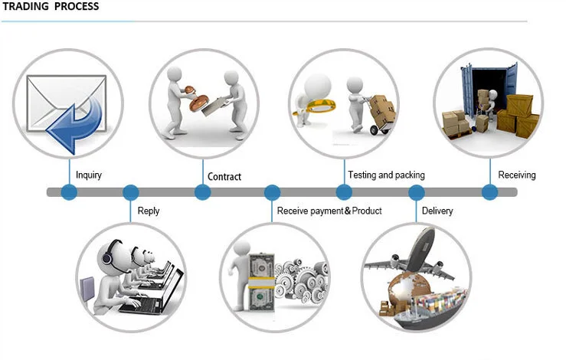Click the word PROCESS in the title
pos(77,6)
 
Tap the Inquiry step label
pos(89,175)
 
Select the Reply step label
pos(149,211)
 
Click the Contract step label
pos(224,177)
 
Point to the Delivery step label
pos(437,211)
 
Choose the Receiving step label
pos(517,175)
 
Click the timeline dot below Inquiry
pos(69,192)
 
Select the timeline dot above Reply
pos(131,192)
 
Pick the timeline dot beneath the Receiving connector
pos(490,192)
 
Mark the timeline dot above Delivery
pos(417,192)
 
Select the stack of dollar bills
pos(261,283)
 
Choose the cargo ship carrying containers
pos(430,310)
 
